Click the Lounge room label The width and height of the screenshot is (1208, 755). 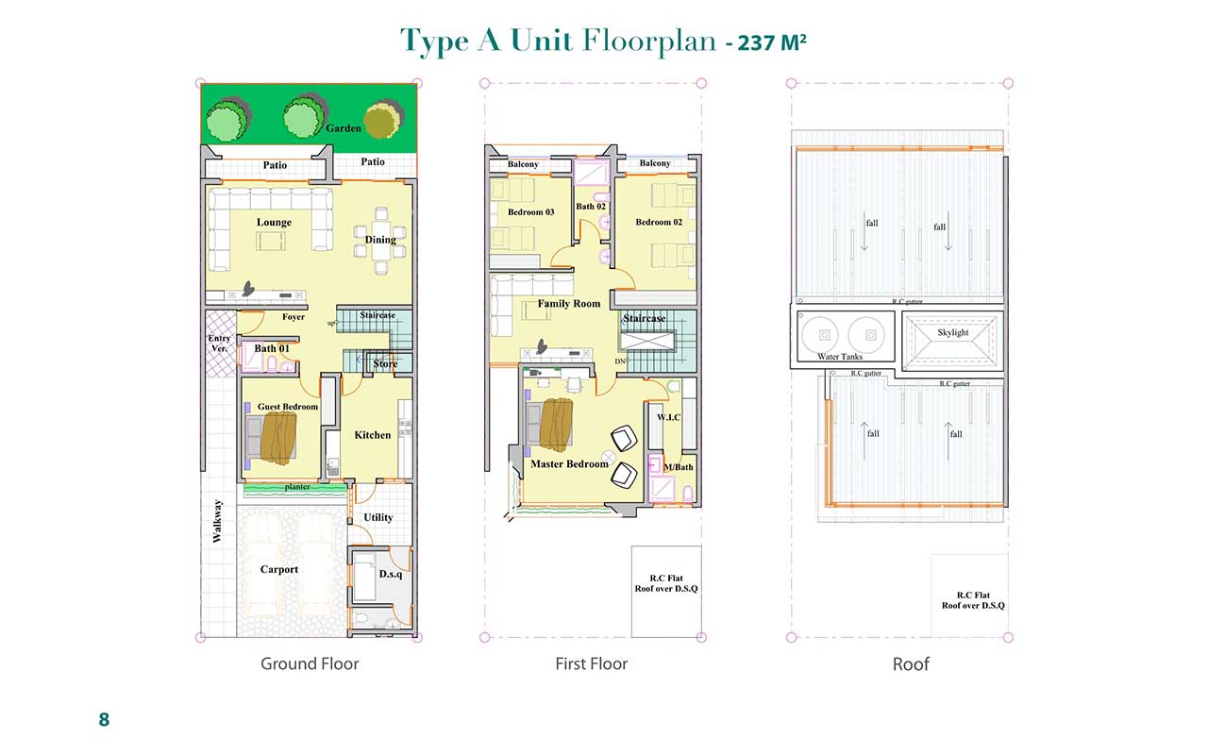coord(274,222)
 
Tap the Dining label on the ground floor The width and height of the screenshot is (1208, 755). coord(380,240)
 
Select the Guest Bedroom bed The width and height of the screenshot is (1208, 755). coord(271,437)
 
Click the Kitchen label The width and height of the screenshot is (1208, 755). coord(372,435)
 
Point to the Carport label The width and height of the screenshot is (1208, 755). coord(278,569)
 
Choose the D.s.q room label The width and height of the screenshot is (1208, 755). coord(391,574)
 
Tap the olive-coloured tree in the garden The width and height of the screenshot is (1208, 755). coord(383,120)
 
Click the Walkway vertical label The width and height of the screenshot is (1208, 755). coord(217,521)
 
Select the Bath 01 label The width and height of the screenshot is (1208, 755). coord(272,348)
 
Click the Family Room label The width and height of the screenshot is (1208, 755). coord(569,304)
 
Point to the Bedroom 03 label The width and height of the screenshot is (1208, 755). coord(530,212)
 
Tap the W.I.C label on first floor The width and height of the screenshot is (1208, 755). coord(668,417)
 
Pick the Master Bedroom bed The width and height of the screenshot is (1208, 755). coord(550,425)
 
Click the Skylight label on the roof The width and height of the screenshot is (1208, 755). coord(953,332)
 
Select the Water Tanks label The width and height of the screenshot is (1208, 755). coord(840,357)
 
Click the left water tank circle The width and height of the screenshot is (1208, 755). coord(820,335)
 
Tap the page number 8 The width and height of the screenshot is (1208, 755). coord(104,719)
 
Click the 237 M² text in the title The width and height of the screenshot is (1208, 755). coord(772,42)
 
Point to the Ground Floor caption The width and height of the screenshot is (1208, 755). coord(310,663)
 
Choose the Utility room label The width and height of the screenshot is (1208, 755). coord(378,518)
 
